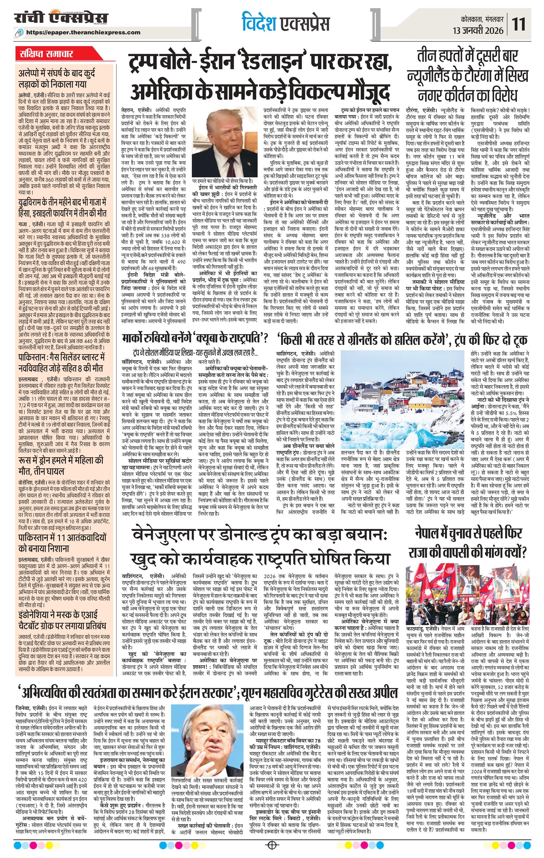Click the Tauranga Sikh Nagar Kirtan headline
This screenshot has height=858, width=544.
pyautogui.click(x=468, y=77)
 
